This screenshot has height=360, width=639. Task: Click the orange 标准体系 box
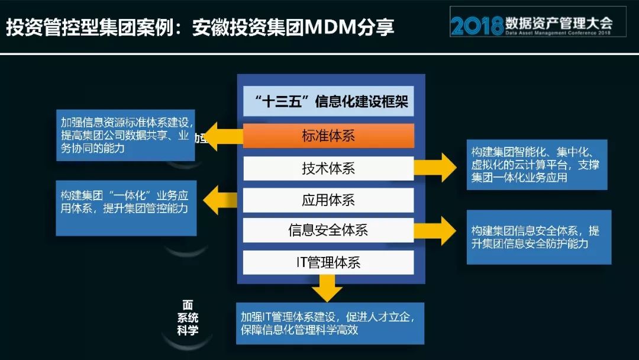pos(328,136)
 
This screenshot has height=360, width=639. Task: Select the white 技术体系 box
pos(328,169)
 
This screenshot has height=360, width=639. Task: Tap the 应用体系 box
pos(328,200)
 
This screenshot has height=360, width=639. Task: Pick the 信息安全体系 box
pos(328,230)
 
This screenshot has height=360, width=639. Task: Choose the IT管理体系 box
pos(328,262)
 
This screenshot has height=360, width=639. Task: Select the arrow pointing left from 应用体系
pos(220,200)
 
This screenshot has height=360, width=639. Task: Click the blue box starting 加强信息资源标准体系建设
pos(126,135)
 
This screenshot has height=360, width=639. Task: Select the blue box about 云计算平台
pos(537,165)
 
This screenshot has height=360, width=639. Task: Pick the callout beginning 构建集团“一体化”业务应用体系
pos(126,208)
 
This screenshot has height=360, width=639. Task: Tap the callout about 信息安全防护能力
pos(538,237)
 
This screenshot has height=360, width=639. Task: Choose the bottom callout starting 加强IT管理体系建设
pos(330,323)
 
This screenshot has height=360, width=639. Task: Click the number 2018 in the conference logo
pos(476,25)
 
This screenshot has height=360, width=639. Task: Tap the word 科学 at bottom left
pos(188,330)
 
